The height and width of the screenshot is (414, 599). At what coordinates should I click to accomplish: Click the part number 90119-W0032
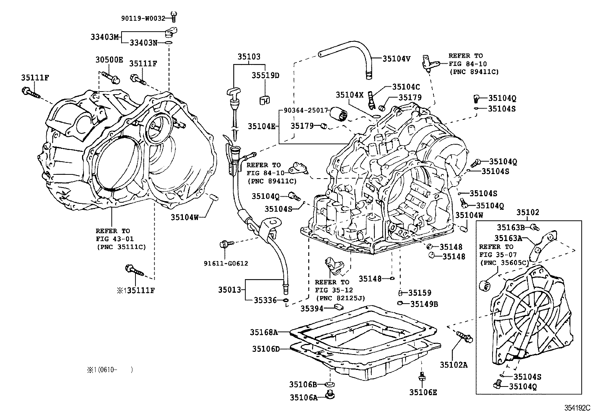pos(143,18)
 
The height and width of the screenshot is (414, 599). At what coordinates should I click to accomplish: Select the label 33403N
pos(144,43)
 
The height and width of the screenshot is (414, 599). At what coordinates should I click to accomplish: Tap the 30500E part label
pos(109,60)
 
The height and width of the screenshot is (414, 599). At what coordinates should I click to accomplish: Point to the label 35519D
pos(265,75)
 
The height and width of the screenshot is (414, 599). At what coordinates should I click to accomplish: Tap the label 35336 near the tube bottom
pos(265,300)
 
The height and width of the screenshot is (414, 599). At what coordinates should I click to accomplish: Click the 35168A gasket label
pos(264,332)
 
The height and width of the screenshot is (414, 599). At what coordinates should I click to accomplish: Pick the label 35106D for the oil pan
pos(266,349)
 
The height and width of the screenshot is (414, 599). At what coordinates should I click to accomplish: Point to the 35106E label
pos(423,393)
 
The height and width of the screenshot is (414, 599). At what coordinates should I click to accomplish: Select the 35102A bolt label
pos(454,365)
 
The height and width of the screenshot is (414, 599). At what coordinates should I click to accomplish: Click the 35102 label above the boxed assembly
pos(527,212)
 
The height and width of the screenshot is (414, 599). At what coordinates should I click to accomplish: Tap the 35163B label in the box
pos(511,227)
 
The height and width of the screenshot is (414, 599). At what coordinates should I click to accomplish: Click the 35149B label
pos(424,304)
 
